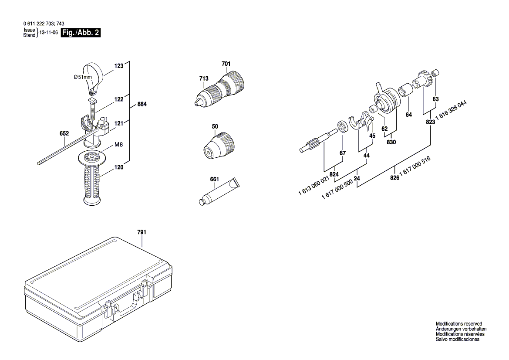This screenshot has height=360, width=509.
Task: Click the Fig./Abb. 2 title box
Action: [x=81, y=33]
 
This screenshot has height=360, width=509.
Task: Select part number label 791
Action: [x=142, y=232]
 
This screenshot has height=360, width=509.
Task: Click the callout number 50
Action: [x=215, y=126]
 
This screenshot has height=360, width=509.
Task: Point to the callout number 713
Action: [x=204, y=78]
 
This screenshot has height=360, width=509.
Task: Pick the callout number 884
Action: [x=142, y=105]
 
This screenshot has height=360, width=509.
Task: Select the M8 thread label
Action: [x=119, y=145]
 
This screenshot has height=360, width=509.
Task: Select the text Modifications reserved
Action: [x=459, y=324]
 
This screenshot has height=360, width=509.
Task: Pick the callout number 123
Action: [x=119, y=66]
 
